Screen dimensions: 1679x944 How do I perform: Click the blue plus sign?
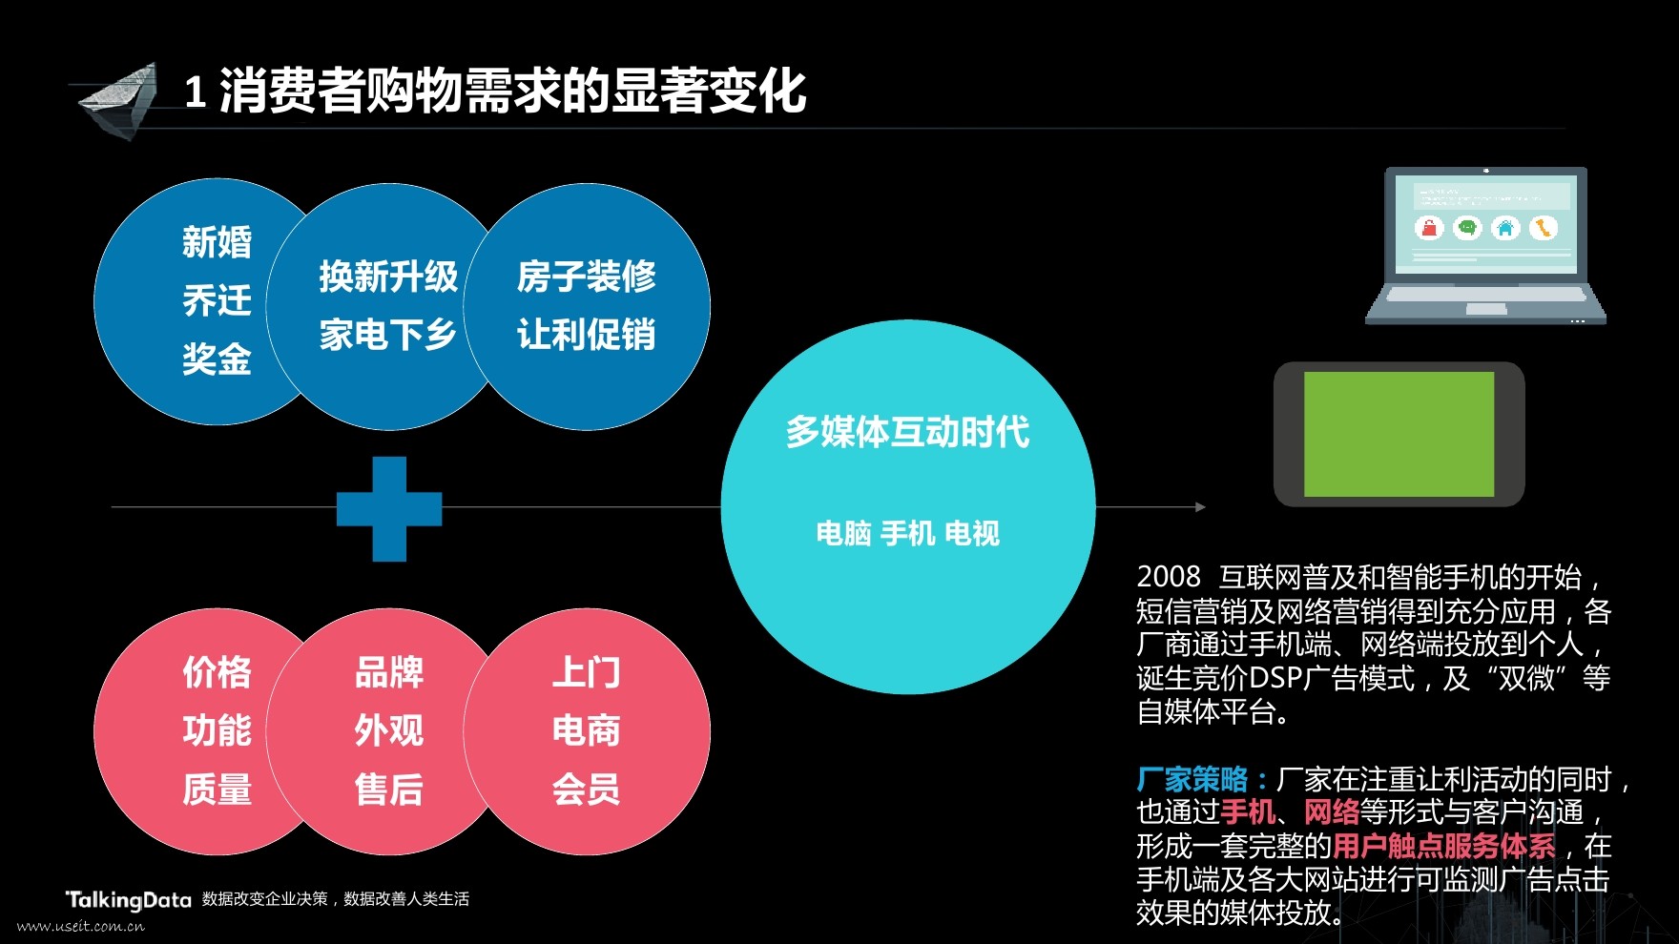click(389, 508)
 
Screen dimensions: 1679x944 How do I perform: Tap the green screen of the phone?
click(1399, 434)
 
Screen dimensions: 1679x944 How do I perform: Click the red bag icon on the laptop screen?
click(1429, 228)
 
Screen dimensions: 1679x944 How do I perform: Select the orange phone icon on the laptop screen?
click(1544, 228)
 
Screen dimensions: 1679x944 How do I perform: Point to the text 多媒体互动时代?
click(907, 432)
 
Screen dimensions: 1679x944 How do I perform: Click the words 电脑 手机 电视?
click(907, 533)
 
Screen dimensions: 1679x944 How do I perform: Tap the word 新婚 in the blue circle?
click(217, 242)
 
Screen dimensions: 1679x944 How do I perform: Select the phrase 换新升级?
click(388, 277)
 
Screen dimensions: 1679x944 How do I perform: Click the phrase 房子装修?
click(586, 277)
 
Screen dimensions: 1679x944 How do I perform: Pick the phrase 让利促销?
click(586, 335)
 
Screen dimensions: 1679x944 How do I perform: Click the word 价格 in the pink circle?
click(217, 672)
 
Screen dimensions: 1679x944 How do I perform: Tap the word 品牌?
click(388, 672)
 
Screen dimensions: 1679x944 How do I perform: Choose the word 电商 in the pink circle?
click(586, 730)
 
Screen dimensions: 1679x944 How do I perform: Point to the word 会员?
click(586, 790)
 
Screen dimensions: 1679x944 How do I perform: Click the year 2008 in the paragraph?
click(1168, 577)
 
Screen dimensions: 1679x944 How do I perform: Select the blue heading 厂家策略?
click(1192, 779)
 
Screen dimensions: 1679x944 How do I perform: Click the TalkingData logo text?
click(128, 899)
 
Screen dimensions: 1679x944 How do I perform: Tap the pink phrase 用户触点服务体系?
click(1443, 846)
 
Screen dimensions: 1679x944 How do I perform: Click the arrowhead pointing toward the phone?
click(1200, 507)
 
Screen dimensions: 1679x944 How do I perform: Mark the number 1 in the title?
click(196, 92)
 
